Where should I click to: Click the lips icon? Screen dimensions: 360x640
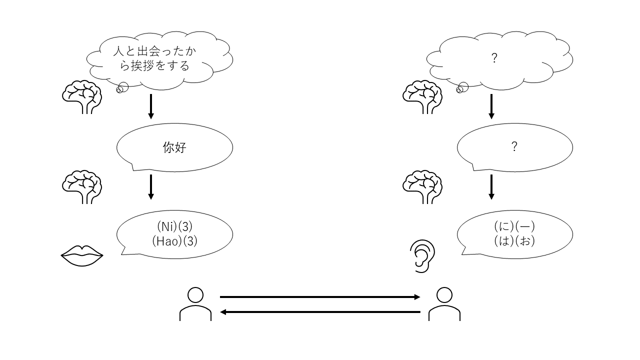coord(82,256)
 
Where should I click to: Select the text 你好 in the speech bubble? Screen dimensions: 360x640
coord(174,147)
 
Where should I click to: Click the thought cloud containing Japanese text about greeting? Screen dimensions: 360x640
coord(159,58)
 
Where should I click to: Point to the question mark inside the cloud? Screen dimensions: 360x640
coord(494,58)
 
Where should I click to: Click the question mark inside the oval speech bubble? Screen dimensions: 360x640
coord(514,146)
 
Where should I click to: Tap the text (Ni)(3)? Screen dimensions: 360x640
coord(174,227)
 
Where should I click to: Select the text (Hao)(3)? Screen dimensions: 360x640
coord(174,241)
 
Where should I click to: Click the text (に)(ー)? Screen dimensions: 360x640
coord(514,227)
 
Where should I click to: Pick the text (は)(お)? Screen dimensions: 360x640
coord(514,241)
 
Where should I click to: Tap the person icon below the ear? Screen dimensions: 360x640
coord(444,304)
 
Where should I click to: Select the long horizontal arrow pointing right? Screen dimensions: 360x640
coord(320,297)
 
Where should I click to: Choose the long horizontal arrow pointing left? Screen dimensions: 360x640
coord(320,312)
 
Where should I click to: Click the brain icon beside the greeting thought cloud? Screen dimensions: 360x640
coord(82,96)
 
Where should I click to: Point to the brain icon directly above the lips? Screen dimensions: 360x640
coord(82,186)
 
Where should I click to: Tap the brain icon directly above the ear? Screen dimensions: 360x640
coord(423,186)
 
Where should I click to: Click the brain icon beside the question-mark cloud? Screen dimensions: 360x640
coord(423,96)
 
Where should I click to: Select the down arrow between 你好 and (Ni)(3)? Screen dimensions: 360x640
coord(150,186)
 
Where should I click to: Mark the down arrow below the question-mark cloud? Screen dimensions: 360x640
coord(491,106)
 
